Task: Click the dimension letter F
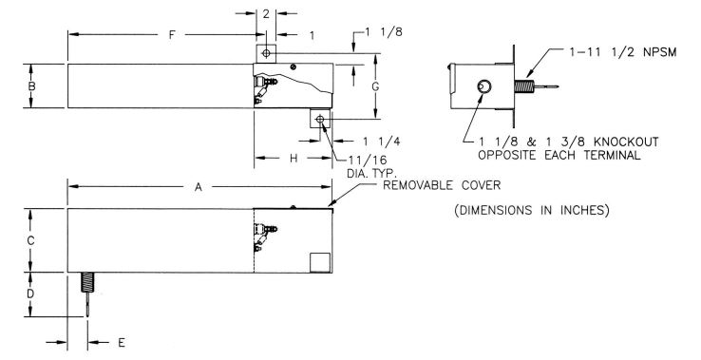click(x=172, y=35)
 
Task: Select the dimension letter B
click(x=31, y=85)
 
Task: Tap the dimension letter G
click(x=375, y=86)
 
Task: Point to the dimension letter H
click(x=294, y=159)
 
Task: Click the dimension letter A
click(x=199, y=187)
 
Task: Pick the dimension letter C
click(x=30, y=240)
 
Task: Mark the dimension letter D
click(x=30, y=294)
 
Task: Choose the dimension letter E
click(x=122, y=343)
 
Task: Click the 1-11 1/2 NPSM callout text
click(x=623, y=52)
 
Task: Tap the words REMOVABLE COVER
click(x=442, y=185)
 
